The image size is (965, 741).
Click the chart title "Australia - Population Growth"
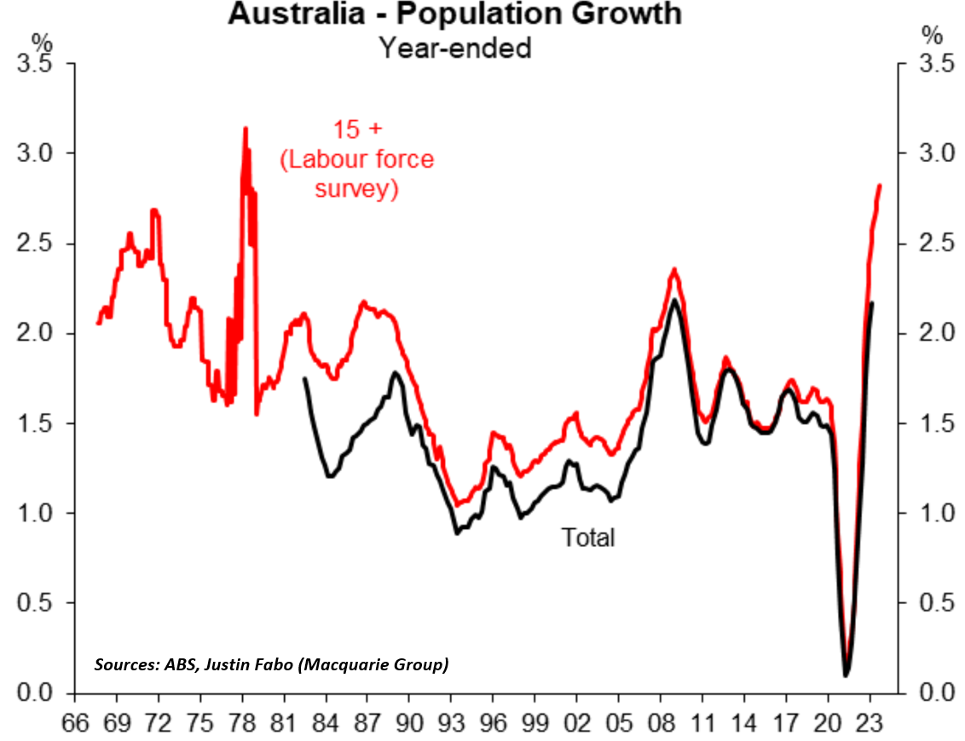tap(454, 14)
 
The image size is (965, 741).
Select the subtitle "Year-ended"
tap(455, 48)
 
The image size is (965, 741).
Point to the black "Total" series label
tap(587, 537)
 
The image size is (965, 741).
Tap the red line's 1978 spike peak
tap(246, 129)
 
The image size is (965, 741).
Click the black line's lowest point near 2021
tap(846, 675)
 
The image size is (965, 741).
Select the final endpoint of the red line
tap(879, 186)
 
